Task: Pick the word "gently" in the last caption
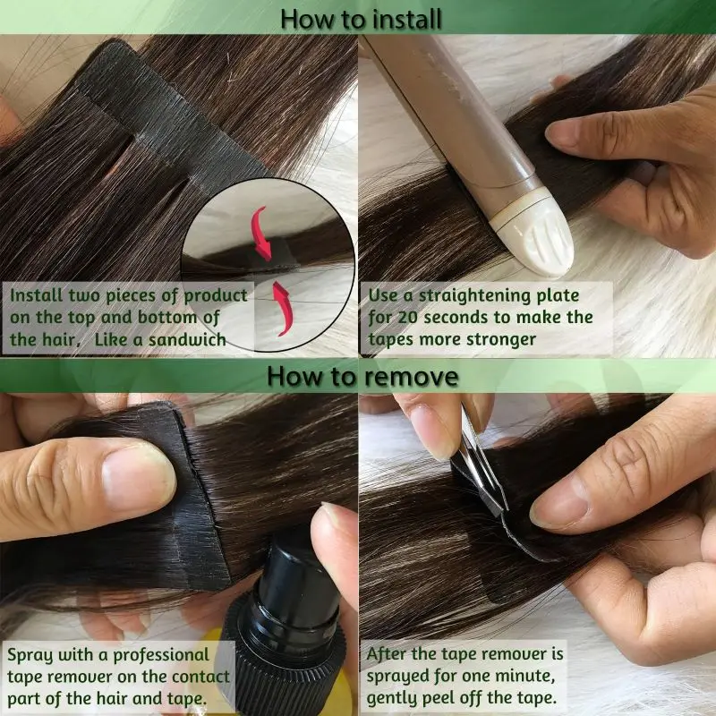tap(395, 697)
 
